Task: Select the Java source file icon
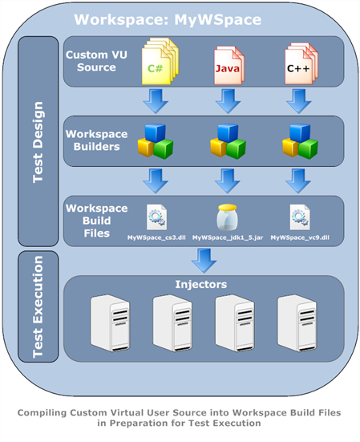coord(229,66)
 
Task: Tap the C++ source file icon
coord(301,63)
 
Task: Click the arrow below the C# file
coord(156,101)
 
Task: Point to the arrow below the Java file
coord(228,101)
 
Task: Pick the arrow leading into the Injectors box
coord(204,261)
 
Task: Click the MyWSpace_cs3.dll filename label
coord(156,237)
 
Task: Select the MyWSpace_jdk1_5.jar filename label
coord(228,237)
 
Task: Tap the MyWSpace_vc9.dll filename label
coord(300,237)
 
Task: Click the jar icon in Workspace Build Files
coord(228,217)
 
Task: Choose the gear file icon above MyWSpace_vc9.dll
coord(300,217)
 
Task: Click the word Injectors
coord(200,284)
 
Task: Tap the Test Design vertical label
coord(38,142)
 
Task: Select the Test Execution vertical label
coord(38,306)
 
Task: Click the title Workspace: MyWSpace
coord(168,20)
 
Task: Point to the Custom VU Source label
coord(96,61)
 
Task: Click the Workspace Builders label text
coord(96,140)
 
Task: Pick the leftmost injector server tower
coord(110,322)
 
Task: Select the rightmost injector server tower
coord(297,322)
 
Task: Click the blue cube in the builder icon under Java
coord(228,133)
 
